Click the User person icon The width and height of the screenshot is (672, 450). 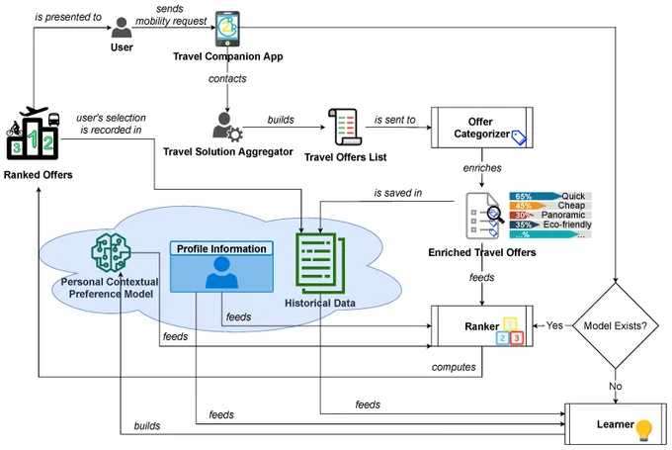[x=122, y=28]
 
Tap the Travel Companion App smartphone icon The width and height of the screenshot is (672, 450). [x=227, y=29]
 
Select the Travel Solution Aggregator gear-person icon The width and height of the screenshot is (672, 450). [x=227, y=127]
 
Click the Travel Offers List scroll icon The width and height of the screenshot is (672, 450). [x=345, y=127]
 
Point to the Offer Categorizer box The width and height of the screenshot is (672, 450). [x=481, y=128]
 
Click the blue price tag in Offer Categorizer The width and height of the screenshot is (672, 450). [x=519, y=137]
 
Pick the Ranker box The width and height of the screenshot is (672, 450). [x=481, y=326]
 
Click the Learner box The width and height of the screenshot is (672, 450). [x=615, y=424]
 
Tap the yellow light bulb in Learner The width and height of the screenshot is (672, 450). [x=643, y=430]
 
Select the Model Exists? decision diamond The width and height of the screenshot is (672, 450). [x=616, y=326]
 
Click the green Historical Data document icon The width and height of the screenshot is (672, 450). [x=320, y=263]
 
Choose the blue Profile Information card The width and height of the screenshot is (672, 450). [x=221, y=266]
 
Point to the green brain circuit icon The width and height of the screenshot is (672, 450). [x=111, y=252]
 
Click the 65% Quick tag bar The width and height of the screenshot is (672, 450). [x=550, y=196]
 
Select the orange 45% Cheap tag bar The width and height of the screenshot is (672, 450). [x=550, y=206]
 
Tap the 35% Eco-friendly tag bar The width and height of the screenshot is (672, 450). [x=550, y=225]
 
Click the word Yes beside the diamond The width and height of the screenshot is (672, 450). [x=554, y=325]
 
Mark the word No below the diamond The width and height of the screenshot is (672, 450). [x=616, y=386]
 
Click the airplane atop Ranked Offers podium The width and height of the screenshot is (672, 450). [x=34, y=111]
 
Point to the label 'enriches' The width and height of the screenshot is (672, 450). [x=482, y=168]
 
